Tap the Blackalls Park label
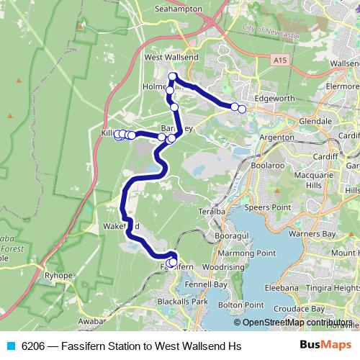185,300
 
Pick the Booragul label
231,235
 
